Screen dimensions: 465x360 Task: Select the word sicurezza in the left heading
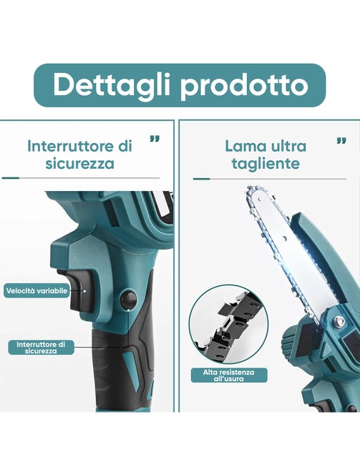point(80,163)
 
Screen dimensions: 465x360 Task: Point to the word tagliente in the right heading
point(266,164)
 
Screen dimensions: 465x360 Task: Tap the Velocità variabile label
point(37,290)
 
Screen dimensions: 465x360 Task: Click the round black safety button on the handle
point(128,300)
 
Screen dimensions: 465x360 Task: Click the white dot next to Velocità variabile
point(84,290)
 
